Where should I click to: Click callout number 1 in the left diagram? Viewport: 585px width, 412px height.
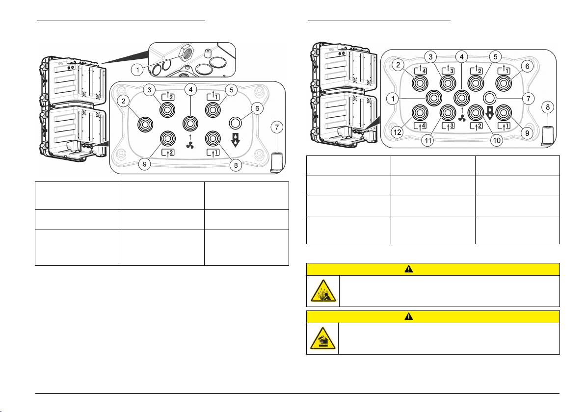point(137,69)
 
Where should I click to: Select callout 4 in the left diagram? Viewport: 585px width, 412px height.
point(190,89)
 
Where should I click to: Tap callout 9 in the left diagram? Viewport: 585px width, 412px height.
point(145,164)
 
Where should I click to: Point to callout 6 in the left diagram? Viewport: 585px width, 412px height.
point(257,108)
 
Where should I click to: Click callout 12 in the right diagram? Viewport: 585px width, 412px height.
point(398,132)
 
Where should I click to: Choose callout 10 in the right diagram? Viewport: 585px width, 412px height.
point(497,140)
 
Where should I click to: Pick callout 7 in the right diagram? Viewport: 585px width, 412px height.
point(528,99)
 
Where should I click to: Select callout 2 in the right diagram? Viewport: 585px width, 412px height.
point(398,65)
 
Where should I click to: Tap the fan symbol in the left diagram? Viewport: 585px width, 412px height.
point(190,145)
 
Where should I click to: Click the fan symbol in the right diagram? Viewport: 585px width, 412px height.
point(462,118)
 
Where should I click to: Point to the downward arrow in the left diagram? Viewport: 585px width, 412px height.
point(236,140)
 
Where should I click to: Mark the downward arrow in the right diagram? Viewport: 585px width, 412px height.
point(490,113)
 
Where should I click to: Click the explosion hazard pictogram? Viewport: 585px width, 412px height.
point(323,291)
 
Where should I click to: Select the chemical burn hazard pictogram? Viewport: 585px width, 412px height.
point(323,338)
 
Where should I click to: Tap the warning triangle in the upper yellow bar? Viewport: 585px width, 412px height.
point(409,269)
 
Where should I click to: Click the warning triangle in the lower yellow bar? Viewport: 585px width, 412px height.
point(409,316)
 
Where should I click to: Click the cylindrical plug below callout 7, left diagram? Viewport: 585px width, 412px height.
point(276,162)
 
